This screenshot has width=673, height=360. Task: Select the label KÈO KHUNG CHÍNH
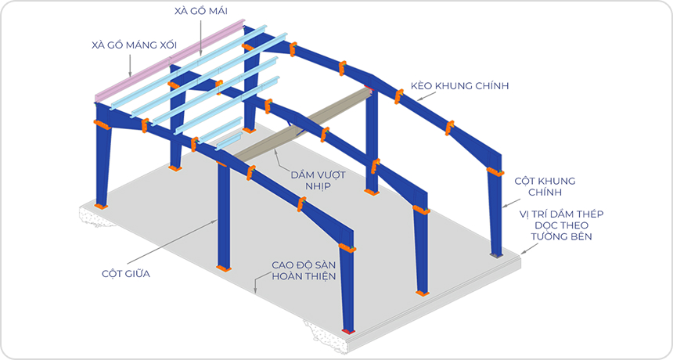pyautogui.click(x=460, y=86)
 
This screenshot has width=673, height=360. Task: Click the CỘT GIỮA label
pyautogui.click(x=126, y=274)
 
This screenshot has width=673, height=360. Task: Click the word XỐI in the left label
pyautogui.click(x=164, y=45)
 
